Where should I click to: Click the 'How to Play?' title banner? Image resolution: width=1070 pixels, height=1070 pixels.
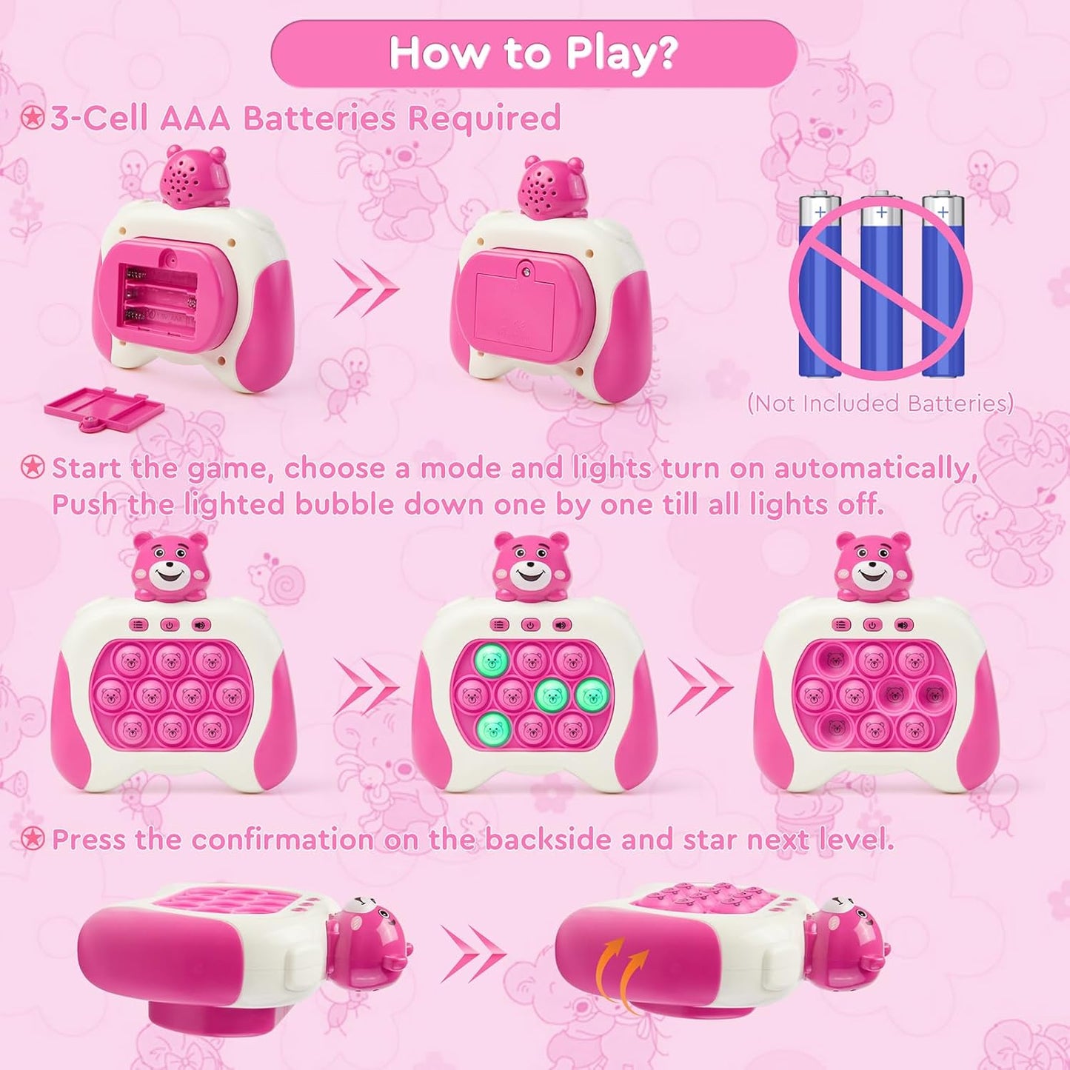pyautogui.click(x=533, y=53)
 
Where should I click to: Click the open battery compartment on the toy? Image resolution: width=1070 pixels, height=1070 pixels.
pyautogui.click(x=160, y=296)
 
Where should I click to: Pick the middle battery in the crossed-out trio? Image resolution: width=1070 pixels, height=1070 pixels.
pyautogui.click(x=880, y=285)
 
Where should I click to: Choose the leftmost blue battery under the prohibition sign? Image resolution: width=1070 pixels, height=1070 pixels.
pyautogui.click(x=819, y=285)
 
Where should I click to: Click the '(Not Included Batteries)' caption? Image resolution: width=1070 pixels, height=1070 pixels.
pyautogui.click(x=880, y=404)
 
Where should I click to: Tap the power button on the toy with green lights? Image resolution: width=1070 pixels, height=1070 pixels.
pyautogui.click(x=530, y=625)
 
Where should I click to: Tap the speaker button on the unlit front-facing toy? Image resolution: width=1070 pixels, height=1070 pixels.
pyautogui.click(x=201, y=625)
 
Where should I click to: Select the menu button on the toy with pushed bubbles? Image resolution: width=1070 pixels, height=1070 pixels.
pyautogui.click(x=840, y=625)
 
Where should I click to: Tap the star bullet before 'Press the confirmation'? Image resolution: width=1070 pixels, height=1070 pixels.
pyautogui.click(x=33, y=839)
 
